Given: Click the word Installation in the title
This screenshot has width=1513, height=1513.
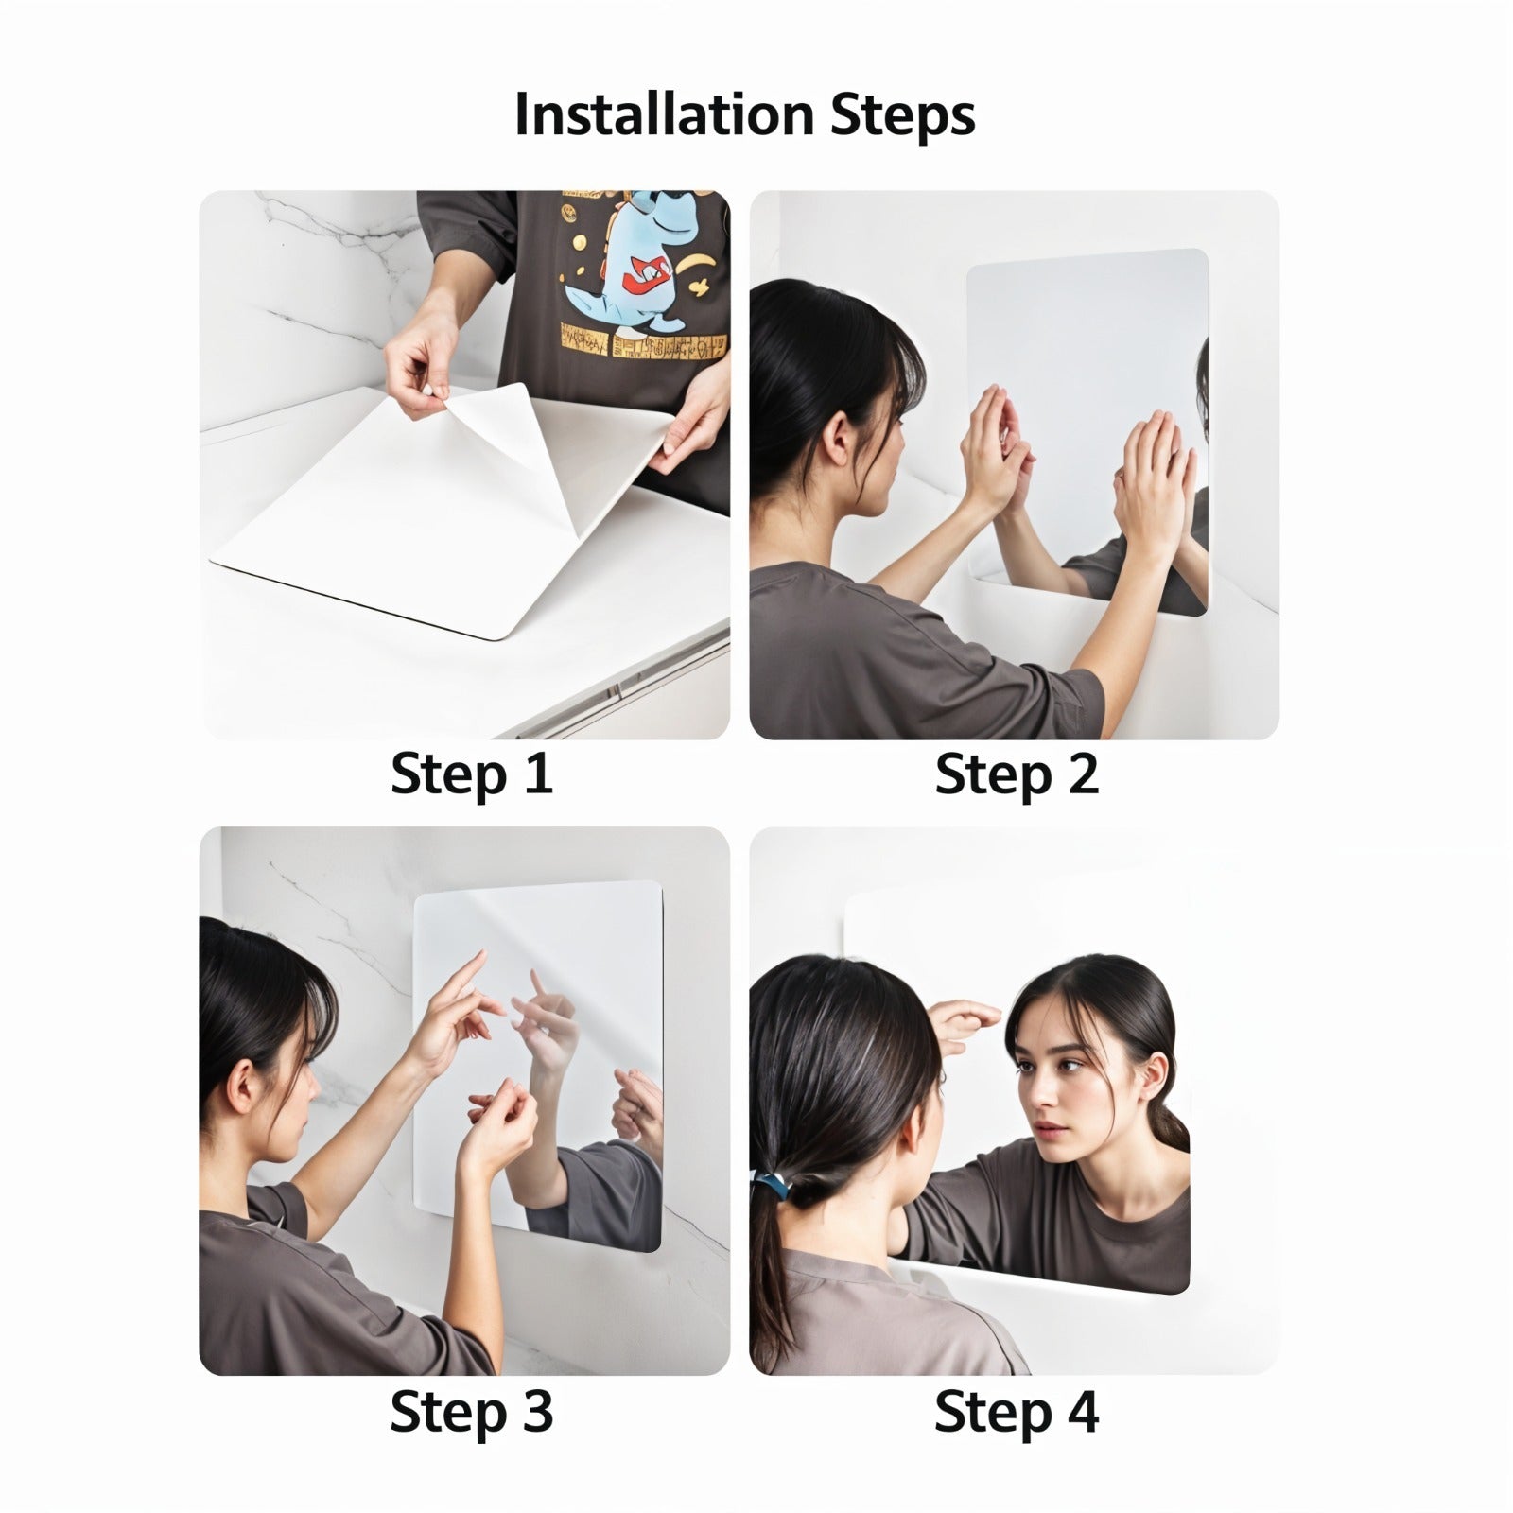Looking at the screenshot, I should tap(663, 115).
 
